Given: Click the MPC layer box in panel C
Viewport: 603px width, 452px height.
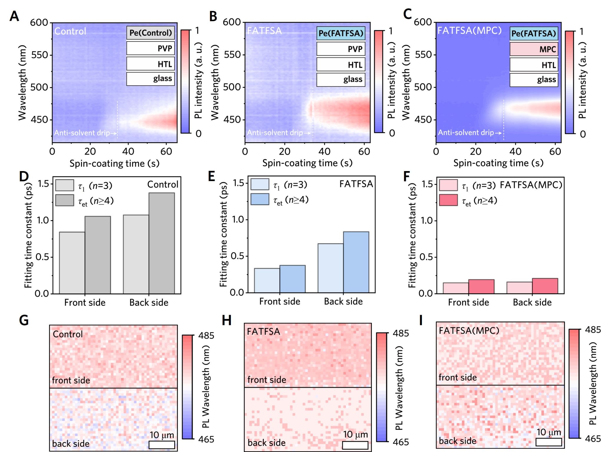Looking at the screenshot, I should point(534,49).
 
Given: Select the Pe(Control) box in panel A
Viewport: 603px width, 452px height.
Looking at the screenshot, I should point(150,33).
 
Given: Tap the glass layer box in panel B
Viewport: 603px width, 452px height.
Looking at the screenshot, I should point(341,80).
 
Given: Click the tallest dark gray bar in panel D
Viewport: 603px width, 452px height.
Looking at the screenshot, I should point(162,243).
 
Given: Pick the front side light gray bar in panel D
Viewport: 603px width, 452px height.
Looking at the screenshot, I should point(72,263).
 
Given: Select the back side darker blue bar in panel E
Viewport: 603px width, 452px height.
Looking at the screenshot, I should point(356,262).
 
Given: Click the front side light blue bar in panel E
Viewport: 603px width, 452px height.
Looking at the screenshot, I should point(267,280).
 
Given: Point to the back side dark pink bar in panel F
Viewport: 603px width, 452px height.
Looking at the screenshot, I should point(545,286).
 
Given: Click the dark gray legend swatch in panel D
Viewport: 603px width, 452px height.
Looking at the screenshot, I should point(65,200).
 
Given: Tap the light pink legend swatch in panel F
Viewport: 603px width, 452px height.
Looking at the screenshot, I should point(448,185).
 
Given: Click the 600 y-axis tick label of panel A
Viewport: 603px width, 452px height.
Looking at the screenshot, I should point(39,22).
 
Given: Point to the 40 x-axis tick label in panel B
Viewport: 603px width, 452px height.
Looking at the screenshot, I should point(324,151).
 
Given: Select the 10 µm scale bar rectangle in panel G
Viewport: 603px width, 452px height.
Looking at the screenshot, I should point(162,445).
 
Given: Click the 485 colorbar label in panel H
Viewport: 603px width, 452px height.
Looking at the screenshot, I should point(401,333).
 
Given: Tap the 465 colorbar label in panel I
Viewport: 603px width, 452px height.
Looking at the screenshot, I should point(593,439).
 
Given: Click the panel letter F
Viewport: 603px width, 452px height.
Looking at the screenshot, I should point(407,177).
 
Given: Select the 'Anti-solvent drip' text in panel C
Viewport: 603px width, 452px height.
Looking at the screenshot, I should point(466,133).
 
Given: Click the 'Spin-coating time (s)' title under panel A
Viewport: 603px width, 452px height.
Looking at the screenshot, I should point(115,163).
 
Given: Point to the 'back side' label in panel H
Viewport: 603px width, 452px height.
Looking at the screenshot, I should point(266,443).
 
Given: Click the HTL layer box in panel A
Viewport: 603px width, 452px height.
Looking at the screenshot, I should point(150,64).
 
